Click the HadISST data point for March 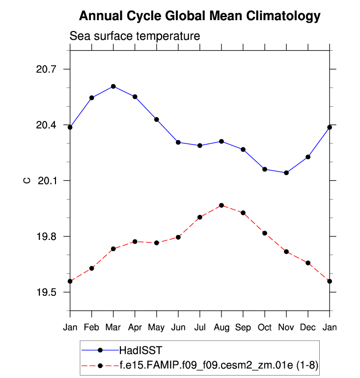(113, 87)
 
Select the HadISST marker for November (286, 173)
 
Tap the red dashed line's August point (222, 205)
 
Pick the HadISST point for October (265, 169)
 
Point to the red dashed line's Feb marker (92, 268)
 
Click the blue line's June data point (178, 142)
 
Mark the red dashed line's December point (308, 263)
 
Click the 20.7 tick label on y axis (47, 69)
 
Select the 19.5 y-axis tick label (47, 292)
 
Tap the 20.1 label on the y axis (47, 181)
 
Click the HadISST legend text (140, 350)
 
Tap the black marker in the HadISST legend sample (101, 350)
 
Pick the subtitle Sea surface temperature (135, 36)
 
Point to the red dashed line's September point (243, 212)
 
